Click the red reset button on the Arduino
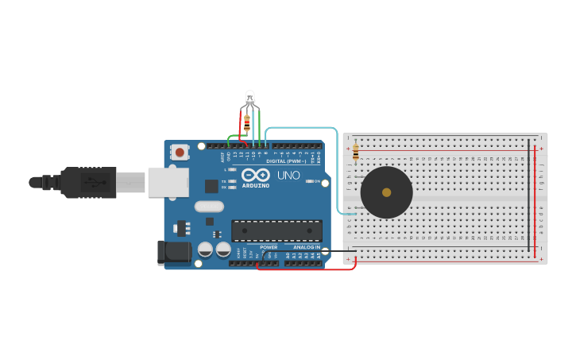pos(180,152)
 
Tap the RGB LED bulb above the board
pos(249,99)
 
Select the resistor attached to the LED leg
pos(247,123)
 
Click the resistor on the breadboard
pos(355,151)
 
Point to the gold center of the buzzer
pos(387,192)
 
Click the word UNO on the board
pos(288,175)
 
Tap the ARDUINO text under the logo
pos(255,186)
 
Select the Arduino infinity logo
pos(255,175)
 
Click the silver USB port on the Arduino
pos(168,182)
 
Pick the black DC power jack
pos(174,252)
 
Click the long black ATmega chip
pos(276,230)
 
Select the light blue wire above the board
pos(302,127)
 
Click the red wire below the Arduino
pos(306,269)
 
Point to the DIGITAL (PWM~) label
pos(287,161)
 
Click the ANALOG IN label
pos(307,247)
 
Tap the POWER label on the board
pos(269,247)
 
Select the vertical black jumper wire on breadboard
pos(529,199)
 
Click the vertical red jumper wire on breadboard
pos(535,199)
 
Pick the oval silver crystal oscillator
pos(209,207)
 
